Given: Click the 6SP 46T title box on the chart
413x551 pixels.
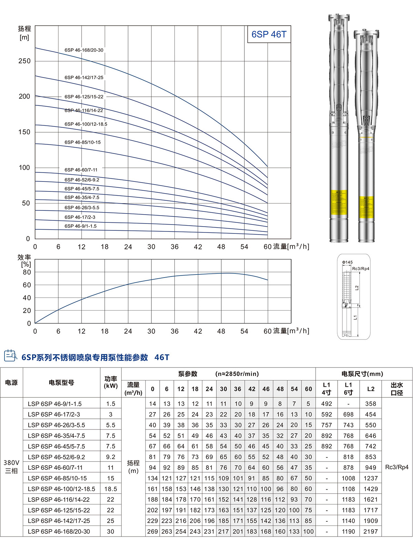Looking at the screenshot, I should pyautogui.click(x=269, y=34).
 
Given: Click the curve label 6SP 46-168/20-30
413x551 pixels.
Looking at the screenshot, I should pyautogui.click(x=84, y=50).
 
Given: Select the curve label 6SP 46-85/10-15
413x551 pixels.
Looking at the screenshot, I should pyautogui.click(x=83, y=142).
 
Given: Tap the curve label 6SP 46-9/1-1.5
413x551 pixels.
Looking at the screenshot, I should pyautogui.click(x=81, y=226).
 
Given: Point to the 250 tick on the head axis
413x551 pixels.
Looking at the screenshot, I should pyautogui.click(x=24, y=61).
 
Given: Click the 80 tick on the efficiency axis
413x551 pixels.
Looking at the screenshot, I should pyautogui.click(x=27, y=272).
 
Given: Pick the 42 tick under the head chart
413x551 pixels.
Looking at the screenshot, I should pyautogui.click(x=198, y=247).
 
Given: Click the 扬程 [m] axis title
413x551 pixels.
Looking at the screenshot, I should pyautogui.click(x=24, y=33).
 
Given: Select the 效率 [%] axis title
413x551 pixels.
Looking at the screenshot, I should pyautogui.click(x=24, y=261).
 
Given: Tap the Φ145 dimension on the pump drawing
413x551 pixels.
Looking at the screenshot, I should pyautogui.click(x=347, y=262).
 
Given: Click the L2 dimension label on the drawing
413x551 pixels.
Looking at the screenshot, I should pyautogui.click(x=357, y=288).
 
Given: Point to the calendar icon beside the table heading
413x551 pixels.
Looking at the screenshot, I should pyautogui.click(x=10, y=355).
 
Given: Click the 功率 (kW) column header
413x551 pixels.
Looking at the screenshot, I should pyautogui.click(x=110, y=382).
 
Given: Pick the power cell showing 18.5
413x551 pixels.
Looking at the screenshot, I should pyautogui.click(x=110, y=489).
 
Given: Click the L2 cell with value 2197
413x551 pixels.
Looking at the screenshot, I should pyautogui.click(x=370, y=531).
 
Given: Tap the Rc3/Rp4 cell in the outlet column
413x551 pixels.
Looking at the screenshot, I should pyautogui.click(x=396, y=467).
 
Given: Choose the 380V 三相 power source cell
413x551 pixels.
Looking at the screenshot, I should pyautogui.click(x=11, y=467).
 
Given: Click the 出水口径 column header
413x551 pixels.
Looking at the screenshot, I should pyautogui.click(x=396, y=389).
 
